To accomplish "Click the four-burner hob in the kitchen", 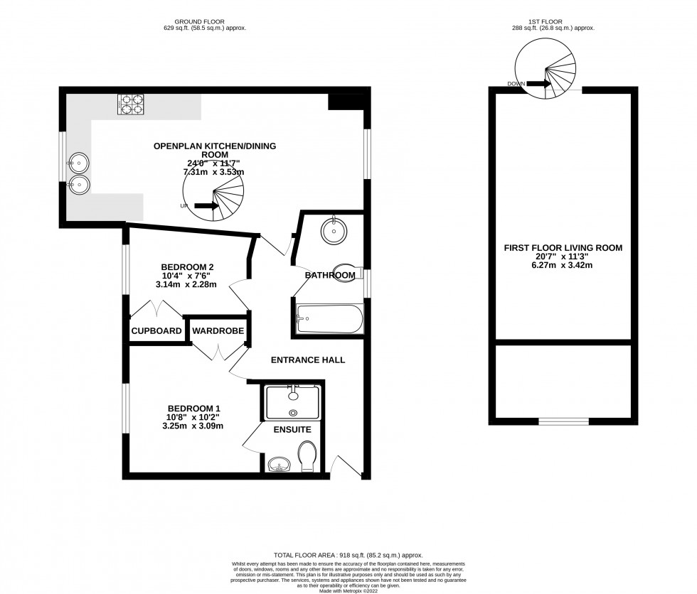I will tap(130, 104).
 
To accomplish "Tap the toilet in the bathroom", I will tap(348, 274).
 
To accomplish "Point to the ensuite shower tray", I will tap(292, 402).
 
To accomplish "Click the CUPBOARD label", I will tap(156, 331).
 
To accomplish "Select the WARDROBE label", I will tap(218, 331).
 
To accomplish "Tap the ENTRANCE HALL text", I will tap(308, 360).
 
